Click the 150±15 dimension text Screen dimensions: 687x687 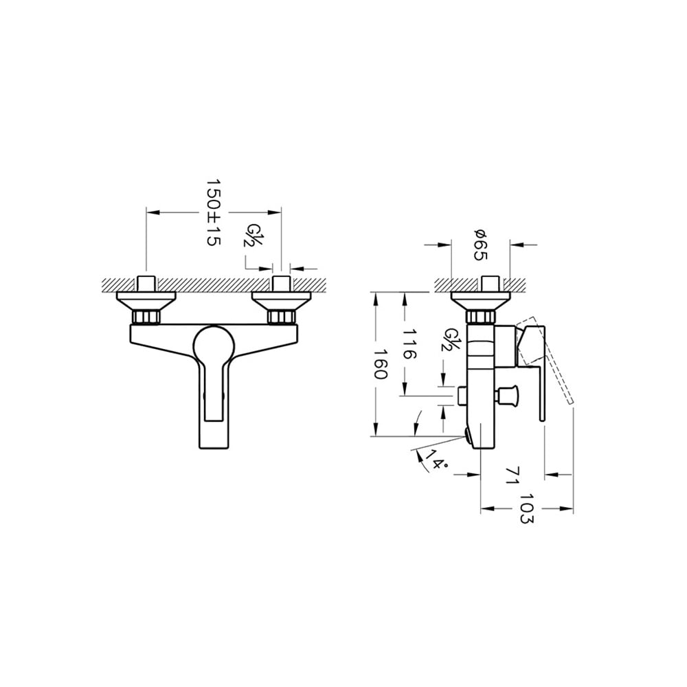click(x=213, y=212)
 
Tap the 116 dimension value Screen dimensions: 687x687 click(x=410, y=343)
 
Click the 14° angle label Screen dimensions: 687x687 click(x=436, y=460)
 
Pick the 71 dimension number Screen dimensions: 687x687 click(x=510, y=475)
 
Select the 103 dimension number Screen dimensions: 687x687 click(x=526, y=508)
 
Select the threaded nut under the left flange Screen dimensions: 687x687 click(x=146, y=317)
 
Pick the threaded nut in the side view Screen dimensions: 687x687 click(x=480, y=317)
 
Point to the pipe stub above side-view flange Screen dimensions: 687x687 click(x=488, y=283)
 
